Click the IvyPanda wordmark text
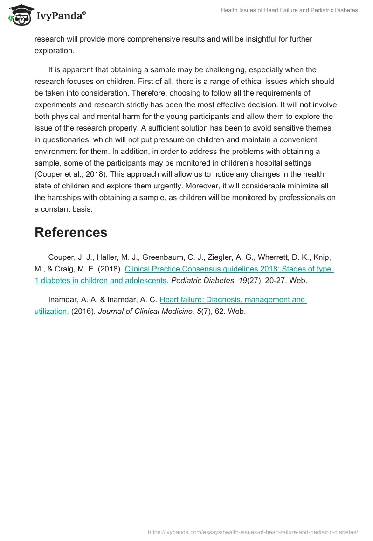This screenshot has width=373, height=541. coord(61,16)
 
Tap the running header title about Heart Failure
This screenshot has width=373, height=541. coord(289,10)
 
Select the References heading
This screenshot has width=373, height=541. coord(71,232)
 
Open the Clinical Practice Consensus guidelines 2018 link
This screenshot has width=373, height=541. coord(228,269)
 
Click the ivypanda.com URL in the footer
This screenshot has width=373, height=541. coord(252,532)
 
